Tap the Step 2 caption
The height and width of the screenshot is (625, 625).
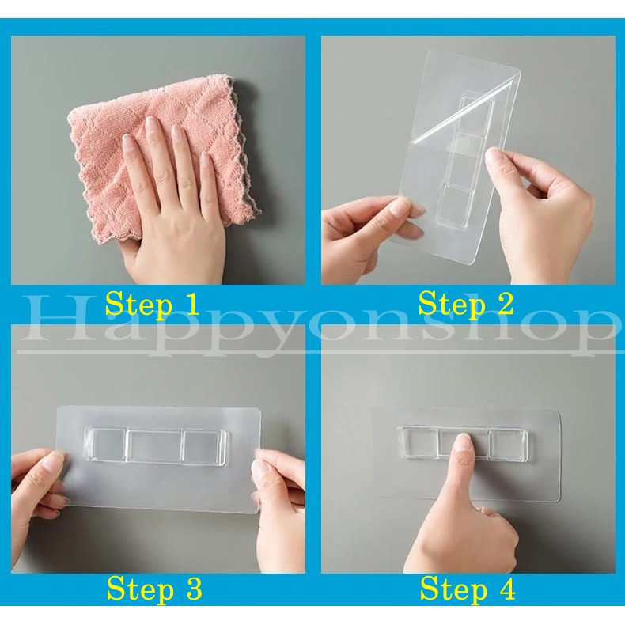pos(467,304)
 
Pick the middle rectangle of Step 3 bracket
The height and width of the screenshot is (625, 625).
pos(153,446)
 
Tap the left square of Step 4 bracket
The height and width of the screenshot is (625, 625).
pos(418,443)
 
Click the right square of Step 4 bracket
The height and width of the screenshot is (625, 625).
pos(505,443)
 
